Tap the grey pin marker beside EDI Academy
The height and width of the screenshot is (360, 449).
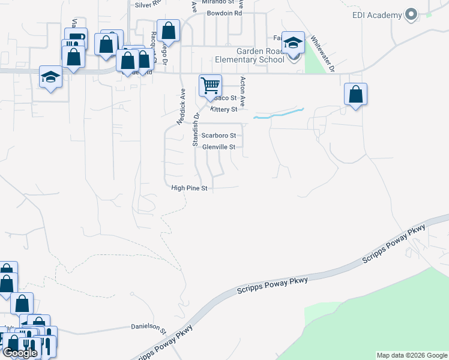point(411,14)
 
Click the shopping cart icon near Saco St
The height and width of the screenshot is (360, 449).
point(210,85)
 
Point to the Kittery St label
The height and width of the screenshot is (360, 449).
point(224,110)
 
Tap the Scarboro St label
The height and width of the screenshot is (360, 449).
point(218,136)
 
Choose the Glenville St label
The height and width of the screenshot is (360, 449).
point(221,146)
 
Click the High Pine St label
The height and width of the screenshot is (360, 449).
point(189,188)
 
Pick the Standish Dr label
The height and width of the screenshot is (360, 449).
point(196,129)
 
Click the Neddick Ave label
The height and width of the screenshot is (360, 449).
point(180,107)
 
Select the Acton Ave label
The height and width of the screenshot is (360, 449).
point(243,90)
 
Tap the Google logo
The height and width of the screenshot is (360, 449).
point(20,353)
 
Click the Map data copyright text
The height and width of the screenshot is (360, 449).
point(412,356)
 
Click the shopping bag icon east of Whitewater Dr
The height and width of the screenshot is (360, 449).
point(355,94)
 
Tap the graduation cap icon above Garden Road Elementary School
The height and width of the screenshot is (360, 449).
point(293,43)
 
